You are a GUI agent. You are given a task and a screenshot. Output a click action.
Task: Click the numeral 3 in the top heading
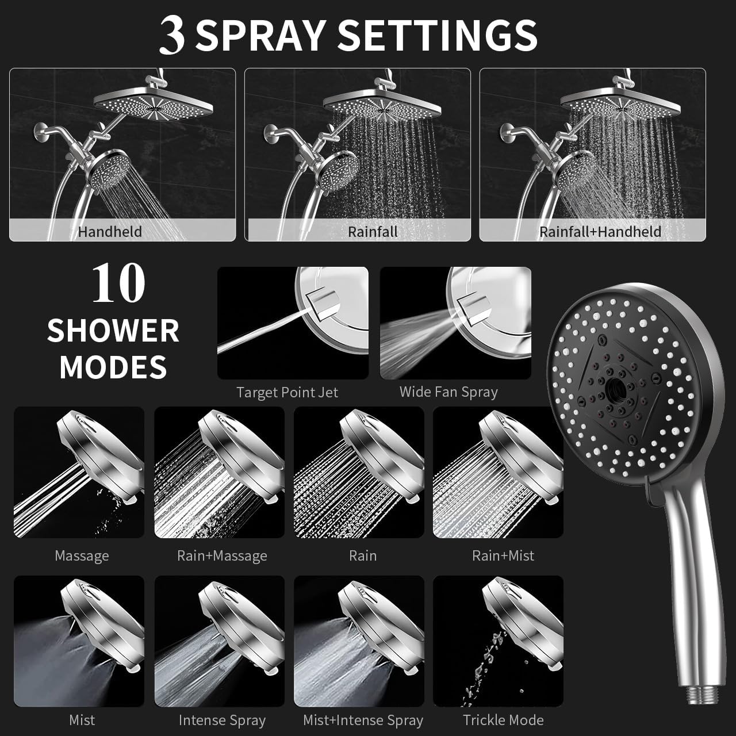172,35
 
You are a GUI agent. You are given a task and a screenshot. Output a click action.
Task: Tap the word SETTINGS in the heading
438,36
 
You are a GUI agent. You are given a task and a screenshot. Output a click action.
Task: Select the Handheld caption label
110,232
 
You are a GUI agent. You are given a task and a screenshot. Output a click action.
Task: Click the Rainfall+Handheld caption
600,232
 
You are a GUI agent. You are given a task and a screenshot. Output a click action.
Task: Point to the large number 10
118,283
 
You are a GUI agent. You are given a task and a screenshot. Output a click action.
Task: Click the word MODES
113,367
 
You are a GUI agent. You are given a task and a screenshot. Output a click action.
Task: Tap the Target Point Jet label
287,393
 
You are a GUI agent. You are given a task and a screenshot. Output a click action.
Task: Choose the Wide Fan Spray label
448,392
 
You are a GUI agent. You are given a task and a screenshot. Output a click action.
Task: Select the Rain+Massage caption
222,555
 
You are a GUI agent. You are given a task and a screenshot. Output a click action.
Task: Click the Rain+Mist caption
503,555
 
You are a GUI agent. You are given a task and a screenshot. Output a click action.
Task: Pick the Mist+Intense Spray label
363,720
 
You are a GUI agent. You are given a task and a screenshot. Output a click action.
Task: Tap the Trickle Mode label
503,720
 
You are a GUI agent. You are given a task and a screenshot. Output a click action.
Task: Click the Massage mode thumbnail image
79,473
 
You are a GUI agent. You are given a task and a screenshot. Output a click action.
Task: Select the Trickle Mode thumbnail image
498,641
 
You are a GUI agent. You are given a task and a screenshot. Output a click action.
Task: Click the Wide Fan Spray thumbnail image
455,323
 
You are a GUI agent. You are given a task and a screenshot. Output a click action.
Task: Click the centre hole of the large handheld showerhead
615,390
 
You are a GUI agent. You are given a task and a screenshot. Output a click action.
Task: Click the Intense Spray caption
222,720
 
